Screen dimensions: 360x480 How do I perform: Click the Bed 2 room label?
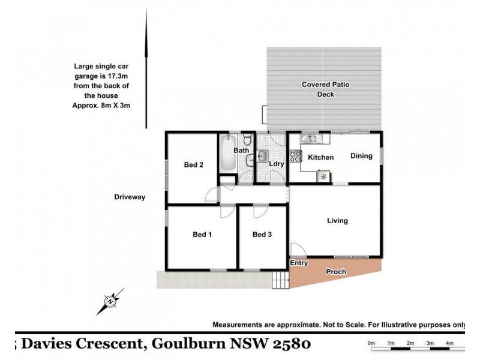[x=193, y=165]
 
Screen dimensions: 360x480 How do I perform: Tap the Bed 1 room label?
[x=202, y=235]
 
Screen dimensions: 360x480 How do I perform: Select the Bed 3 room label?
[x=262, y=235]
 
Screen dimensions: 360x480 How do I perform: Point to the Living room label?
[x=337, y=221]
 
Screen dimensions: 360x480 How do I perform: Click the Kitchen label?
[x=320, y=158]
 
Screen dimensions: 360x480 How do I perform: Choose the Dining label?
[x=361, y=156]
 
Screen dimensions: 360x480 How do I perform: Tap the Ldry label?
[x=276, y=163]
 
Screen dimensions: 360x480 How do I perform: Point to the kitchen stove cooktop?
[x=296, y=156]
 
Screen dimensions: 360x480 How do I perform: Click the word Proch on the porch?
[x=336, y=272]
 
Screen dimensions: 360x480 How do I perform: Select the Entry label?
[x=299, y=263]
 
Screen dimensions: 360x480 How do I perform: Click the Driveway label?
[x=130, y=197]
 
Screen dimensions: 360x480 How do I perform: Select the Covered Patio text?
[x=326, y=85]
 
